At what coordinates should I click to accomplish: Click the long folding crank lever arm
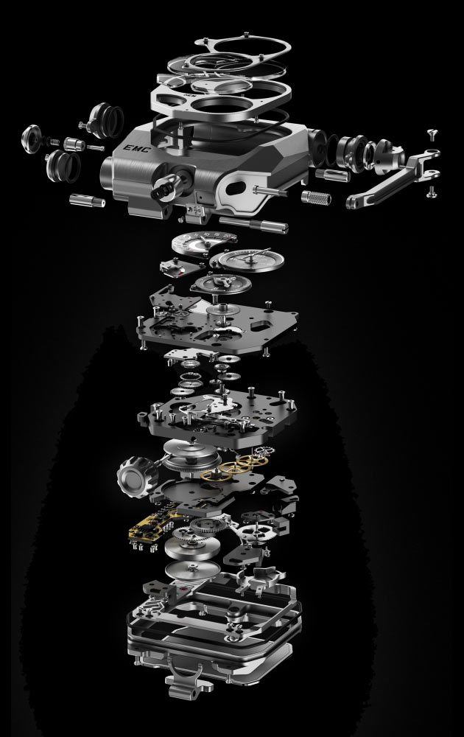[x=393, y=181]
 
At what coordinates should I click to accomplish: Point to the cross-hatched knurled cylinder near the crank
[x=316, y=198]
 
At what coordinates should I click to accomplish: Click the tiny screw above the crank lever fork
[x=433, y=134]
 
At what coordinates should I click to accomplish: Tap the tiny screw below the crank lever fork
[x=432, y=192]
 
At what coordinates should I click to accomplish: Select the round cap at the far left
[x=32, y=139]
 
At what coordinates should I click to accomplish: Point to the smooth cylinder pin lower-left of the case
[x=88, y=200]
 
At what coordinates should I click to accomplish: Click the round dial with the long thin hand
[x=251, y=259]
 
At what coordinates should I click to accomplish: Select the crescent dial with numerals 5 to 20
[x=204, y=242]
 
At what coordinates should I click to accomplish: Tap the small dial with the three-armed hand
[x=221, y=283]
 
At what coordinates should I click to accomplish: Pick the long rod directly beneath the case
[x=253, y=224]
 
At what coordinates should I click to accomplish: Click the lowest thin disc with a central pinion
[x=192, y=570]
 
